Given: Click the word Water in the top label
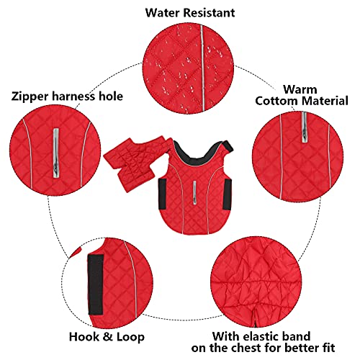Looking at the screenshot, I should (162, 13).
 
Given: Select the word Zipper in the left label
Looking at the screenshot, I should (32, 96).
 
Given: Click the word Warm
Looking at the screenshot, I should (300, 90).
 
